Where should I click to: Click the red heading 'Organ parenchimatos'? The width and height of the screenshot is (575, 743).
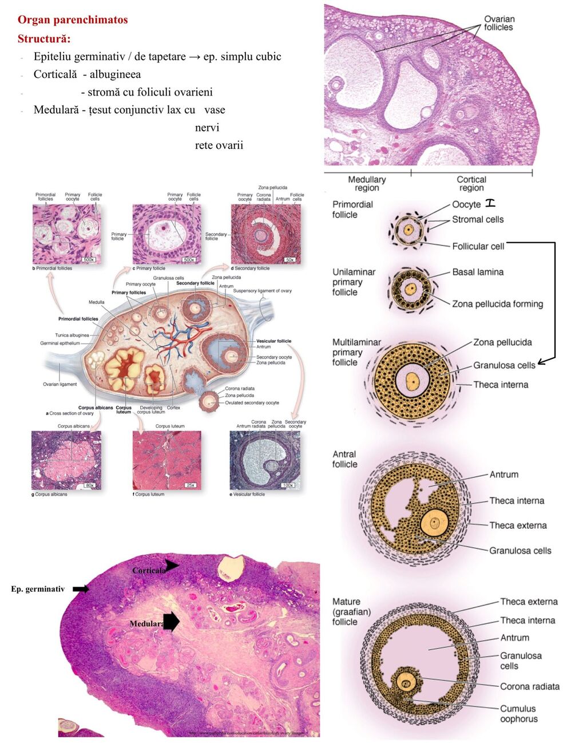tap(73, 20)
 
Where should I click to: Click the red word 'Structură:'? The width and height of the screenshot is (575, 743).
tap(44, 39)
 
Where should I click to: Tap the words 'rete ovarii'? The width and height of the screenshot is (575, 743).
tap(219, 145)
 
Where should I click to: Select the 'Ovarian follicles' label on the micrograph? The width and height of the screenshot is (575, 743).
tap(498, 23)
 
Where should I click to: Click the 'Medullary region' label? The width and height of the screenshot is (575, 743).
tap(367, 184)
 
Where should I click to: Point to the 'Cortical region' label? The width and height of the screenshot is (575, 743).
tap(471, 184)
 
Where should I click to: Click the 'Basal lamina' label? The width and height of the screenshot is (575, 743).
tap(478, 272)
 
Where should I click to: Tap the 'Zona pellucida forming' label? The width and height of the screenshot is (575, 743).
tap(497, 304)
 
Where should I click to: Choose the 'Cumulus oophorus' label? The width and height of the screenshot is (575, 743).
tap(519, 714)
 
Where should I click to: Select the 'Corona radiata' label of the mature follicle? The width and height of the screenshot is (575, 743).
tap(530, 686)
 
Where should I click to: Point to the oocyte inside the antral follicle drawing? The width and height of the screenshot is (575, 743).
tap(434, 523)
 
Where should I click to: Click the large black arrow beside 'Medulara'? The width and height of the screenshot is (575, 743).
tap(171, 622)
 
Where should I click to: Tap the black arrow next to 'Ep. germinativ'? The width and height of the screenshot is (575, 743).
tap(81, 589)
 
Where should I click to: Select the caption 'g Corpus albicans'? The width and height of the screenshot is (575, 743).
tap(49, 494)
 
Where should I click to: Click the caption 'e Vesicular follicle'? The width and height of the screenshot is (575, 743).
tap(247, 494)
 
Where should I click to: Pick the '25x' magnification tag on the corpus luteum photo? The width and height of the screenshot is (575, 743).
tap(190, 485)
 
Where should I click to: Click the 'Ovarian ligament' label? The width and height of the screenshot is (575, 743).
tap(60, 384)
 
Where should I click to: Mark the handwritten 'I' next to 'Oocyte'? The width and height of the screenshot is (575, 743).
tap(490, 203)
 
